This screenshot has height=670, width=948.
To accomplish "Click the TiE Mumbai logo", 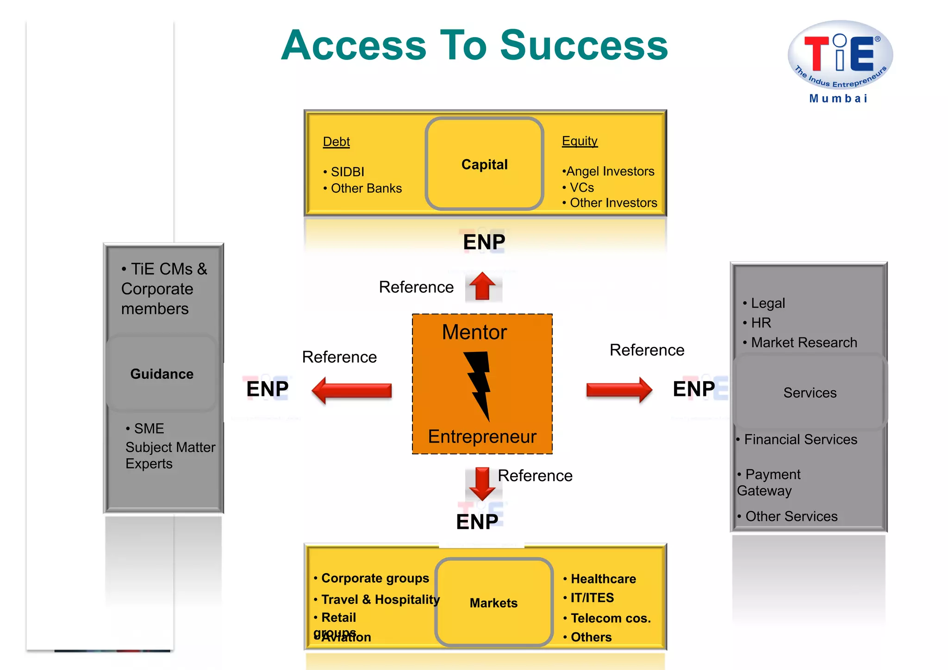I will pos(840,60).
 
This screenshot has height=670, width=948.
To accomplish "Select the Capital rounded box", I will pos(484,164).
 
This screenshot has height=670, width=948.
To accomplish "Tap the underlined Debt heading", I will pos(336,142).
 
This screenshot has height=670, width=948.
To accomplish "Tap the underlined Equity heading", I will pos(580,141).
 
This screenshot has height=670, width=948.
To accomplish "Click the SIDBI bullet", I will pos(347,172).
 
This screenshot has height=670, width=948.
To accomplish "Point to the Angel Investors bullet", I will pos(610,171).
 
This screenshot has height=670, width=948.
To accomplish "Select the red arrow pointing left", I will pos(352,390).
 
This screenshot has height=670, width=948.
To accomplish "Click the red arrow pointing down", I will pos(482,483).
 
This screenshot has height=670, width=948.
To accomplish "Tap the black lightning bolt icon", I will pos(480,384).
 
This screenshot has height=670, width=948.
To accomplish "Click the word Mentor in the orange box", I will pos(474,332).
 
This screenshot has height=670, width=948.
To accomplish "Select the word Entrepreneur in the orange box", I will pos(482,436).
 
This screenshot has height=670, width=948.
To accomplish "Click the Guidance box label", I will pos(162,374).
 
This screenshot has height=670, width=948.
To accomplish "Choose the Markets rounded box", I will pos(493,602).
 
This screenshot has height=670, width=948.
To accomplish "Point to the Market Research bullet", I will pos(804,342).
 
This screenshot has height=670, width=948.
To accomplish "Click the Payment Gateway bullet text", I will pos(769,482).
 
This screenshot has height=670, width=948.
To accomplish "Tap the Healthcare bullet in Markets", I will pos(603,579).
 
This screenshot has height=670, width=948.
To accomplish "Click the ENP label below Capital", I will pos(484,242).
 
